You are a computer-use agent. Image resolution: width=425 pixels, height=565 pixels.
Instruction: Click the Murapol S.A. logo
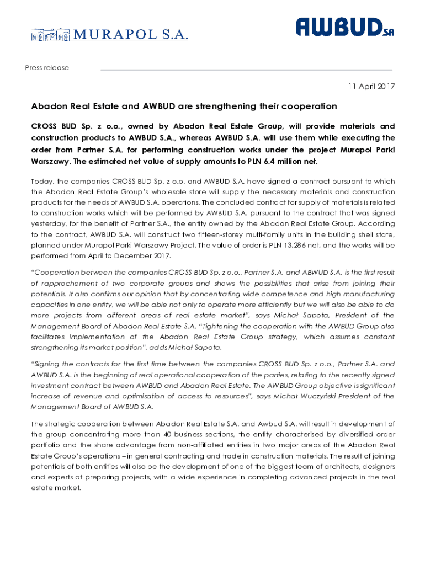(109, 35)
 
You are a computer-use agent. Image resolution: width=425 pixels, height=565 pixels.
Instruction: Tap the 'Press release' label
(47, 68)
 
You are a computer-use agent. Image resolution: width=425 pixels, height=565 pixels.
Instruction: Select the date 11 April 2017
(371, 87)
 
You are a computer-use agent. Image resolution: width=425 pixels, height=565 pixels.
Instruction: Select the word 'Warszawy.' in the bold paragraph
(52, 162)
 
